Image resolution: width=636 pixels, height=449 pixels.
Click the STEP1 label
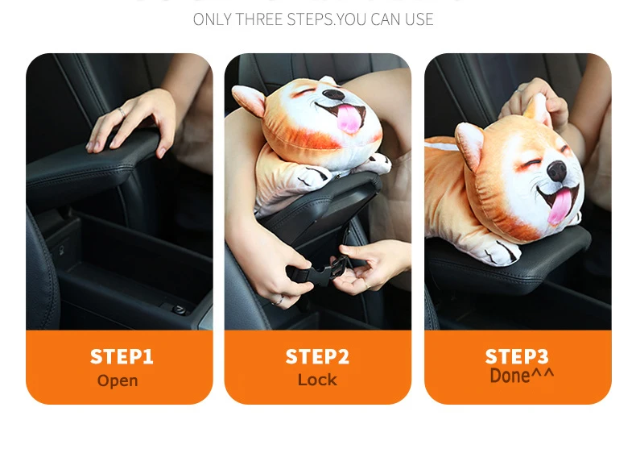coord(122,356)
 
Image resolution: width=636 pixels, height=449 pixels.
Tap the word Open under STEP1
coord(118,380)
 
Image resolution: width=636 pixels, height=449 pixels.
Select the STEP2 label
coord(317,356)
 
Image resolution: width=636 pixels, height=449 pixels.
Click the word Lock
coord(317,380)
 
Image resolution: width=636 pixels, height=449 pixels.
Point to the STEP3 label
coord(517,356)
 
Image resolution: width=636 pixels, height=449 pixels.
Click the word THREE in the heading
coord(258,19)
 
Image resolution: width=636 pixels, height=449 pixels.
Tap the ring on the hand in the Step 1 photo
coord(122,112)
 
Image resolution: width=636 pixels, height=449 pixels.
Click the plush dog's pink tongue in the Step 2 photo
coord(349,118)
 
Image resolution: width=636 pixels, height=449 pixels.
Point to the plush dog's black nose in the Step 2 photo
coord(333,94)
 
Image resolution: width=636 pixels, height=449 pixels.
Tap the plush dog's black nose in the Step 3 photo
coord(557,171)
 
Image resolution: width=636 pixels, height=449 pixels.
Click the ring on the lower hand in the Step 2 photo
coord(278,301)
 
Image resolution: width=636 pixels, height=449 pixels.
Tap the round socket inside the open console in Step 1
coord(180,310)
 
